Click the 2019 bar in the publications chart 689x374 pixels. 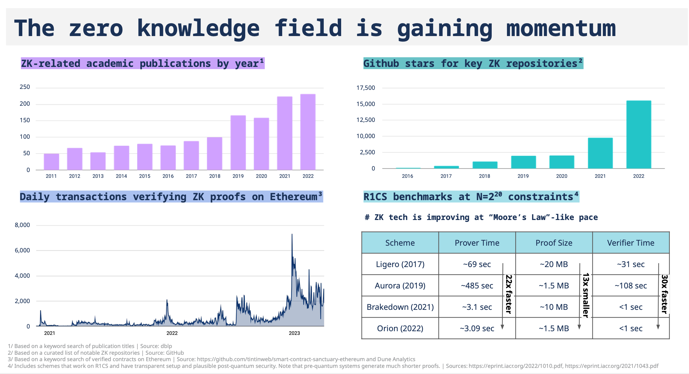[238, 142]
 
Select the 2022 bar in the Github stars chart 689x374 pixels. [639, 134]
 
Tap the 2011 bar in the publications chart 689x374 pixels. [51, 162]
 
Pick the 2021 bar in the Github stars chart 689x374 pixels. [600, 153]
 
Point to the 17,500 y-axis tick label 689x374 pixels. [366, 88]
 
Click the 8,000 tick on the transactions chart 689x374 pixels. [22, 225]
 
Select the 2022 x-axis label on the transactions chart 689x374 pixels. [172, 333]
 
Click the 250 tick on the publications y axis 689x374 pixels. [25, 87]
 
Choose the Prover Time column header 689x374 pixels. [477, 243]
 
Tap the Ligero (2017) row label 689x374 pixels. [400, 264]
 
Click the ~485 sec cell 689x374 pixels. [477, 286]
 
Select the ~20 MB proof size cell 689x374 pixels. [554, 264]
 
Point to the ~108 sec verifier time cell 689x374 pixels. [631, 286]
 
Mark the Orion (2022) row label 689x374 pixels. [400, 328]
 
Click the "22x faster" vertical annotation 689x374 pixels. [509, 294]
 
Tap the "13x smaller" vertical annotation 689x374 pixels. [585, 295]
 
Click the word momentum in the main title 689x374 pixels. [561, 28]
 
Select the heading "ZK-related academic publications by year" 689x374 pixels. [142, 64]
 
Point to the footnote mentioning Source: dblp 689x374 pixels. [90, 346]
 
